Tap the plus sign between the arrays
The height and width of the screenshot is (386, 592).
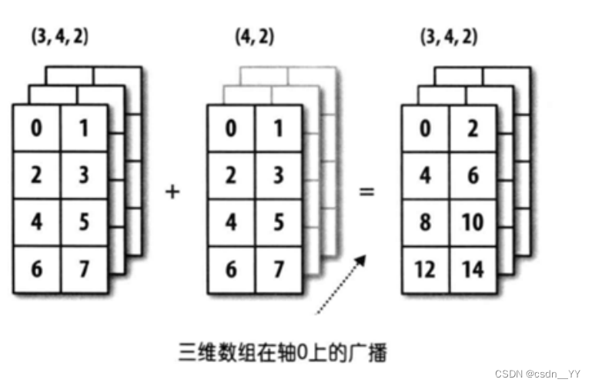click(172, 191)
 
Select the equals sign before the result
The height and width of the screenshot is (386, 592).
click(367, 189)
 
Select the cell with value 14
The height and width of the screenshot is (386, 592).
click(473, 269)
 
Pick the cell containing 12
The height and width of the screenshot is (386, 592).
click(425, 269)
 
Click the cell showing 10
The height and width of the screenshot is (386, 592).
click(473, 222)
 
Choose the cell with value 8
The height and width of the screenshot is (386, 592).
click(425, 222)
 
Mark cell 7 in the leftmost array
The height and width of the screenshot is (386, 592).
click(84, 270)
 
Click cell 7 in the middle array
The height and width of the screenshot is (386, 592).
click(279, 270)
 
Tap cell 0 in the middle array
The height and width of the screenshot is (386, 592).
click(231, 128)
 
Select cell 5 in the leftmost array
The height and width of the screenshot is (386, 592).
click(84, 222)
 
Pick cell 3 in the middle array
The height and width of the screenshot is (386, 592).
click(279, 175)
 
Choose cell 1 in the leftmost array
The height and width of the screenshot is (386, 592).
click(84, 128)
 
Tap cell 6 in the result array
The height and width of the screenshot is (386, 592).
click(473, 175)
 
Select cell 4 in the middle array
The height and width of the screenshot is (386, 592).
click(231, 222)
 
